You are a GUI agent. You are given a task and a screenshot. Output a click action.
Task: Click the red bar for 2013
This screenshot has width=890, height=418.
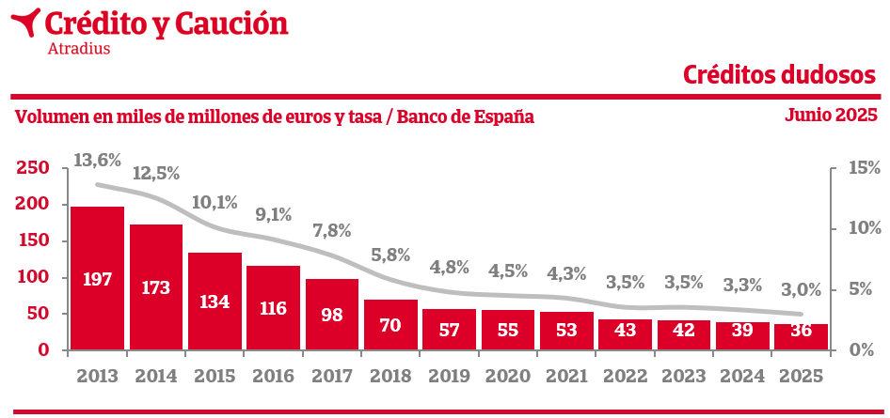[x=98, y=278]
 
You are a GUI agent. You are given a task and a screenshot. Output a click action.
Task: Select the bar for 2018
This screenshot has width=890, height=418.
[x=390, y=324]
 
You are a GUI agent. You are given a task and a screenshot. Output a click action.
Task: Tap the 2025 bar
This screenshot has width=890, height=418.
[x=801, y=336]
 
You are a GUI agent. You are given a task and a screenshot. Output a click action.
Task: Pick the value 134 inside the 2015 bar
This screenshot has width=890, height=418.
[x=215, y=302]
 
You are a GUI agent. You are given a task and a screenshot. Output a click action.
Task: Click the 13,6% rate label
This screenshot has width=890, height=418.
[x=97, y=161]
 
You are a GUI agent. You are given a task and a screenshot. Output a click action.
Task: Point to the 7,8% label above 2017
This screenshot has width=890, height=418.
[x=331, y=230]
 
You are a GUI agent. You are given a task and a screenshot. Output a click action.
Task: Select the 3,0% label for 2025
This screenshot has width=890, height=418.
[x=802, y=289]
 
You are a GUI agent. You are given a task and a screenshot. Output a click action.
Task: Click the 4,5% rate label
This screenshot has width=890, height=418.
[x=509, y=271]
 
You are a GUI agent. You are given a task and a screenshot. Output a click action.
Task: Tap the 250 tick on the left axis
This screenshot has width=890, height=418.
[x=32, y=168]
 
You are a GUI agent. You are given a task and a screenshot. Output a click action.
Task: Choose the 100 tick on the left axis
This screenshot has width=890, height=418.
[x=32, y=278]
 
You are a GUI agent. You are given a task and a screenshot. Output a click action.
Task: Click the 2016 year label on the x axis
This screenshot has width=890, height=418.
[x=273, y=376]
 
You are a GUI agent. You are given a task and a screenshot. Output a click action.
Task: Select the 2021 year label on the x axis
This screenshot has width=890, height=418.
[x=566, y=376]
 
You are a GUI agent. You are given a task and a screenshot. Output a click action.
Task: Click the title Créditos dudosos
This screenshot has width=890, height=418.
[x=780, y=74]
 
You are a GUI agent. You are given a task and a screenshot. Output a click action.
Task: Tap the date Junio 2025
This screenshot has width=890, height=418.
[x=831, y=116]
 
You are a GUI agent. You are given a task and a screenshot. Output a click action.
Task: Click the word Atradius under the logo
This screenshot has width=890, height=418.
[x=78, y=49]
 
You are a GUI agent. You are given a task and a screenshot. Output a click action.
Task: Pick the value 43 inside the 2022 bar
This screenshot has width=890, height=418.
[x=625, y=333]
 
